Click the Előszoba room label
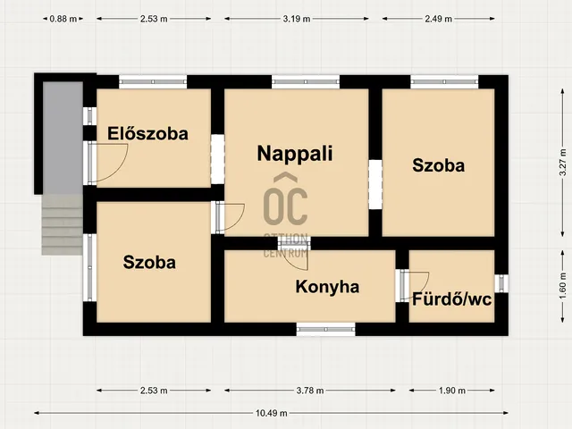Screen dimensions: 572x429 pyautogui.click(x=147, y=133)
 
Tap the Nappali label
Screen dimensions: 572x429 pyautogui.click(x=295, y=154)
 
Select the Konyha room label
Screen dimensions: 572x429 pyautogui.click(x=327, y=287)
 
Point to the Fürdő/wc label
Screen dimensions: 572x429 pyautogui.click(x=451, y=299)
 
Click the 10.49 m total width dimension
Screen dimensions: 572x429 pyautogui.click(x=271, y=413)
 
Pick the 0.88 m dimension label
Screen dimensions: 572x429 pyautogui.click(x=63, y=19)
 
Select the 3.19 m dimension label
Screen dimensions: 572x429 pyautogui.click(x=296, y=19)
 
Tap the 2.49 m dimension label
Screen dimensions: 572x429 pyautogui.click(x=438, y=19)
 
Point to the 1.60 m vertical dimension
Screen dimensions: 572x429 pyautogui.click(x=563, y=286)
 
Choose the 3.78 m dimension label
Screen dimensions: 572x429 pyautogui.click(x=310, y=391)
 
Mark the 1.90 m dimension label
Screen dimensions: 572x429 pyautogui.click(x=451, y=391)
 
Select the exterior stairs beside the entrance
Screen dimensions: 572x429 pyautogui.click(x=62, y=224)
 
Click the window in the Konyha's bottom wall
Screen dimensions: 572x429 pyautogui.click(x=325, y=329)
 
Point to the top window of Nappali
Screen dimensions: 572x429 pyautogui.click(x=306, y=81)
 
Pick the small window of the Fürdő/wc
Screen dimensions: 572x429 pyautogui.click(x=501, y=283)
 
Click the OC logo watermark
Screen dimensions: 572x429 pyautogui.click(x=286, y=200)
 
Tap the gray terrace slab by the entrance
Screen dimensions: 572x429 pyautogui.click(x=63, y=138)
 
